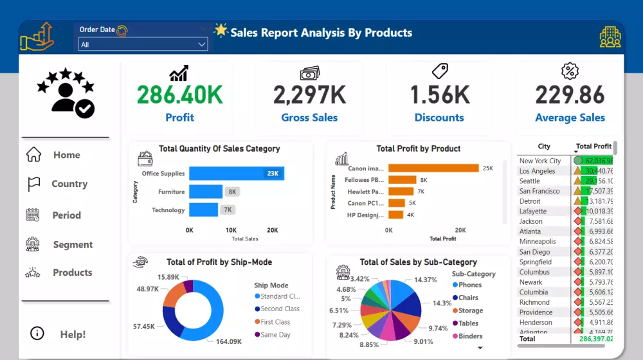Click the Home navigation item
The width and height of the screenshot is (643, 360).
coord(66,155)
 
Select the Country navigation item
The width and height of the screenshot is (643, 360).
coord(69,184)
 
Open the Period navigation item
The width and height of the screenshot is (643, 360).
coord(66,215)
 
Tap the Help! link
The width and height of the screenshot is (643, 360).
coord(72,334)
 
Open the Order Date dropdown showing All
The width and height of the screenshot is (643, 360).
coord(143,44)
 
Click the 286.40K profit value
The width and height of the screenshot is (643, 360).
coord(180,95)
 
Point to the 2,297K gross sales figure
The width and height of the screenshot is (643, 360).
coord(309,95)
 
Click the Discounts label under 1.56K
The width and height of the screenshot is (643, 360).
coord(439,118)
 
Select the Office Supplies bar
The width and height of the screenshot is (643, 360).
coord(236,174)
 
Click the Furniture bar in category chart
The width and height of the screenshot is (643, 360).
coord(206,192)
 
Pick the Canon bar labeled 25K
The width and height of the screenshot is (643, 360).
coord(434,168)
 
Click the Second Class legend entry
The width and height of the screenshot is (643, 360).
coord(280,309)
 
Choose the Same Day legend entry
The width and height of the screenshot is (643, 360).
coord(275,335)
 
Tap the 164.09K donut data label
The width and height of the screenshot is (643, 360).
coord(228,341)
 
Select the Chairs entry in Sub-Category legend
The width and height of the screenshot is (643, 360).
coord(468,298)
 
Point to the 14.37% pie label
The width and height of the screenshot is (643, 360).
coord(426,280)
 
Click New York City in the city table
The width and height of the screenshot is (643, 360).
coord(540,161)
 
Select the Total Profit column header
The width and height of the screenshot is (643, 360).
coord(593,147)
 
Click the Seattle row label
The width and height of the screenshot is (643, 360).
coord(530,181)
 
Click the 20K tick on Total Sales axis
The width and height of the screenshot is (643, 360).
coord(272,230)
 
